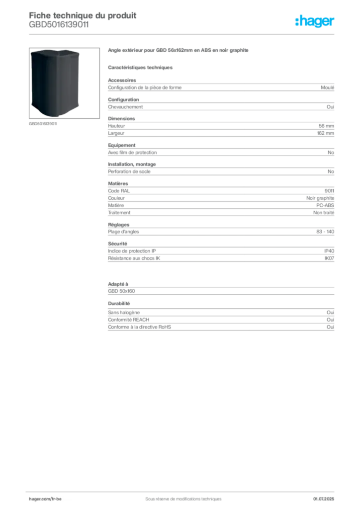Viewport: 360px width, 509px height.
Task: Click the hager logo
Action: pyautogui.click(x=315, y=21)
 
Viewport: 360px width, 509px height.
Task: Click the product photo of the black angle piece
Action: pyautogui.click(x=64, y=83)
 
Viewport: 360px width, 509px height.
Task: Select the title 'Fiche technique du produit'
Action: pyautogui.click(x=83, y=15)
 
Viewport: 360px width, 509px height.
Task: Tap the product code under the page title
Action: pyautogui.click(x=59, y=25)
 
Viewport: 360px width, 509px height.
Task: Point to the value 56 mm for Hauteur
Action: pyautogui.click(x=326, y=126)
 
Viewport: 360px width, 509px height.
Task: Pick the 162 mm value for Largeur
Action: pyautogui.click(x=325, y=133)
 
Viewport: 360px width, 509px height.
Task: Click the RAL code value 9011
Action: pyautogui.click(x=329, y=191)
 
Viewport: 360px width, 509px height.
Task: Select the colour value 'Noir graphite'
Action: pyautogui.click(x=320, y=198)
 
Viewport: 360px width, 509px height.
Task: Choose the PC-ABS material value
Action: pyautogui.click(x=325, y=205)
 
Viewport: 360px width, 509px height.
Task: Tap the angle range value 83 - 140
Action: pyautogui.click(x=325, y=232)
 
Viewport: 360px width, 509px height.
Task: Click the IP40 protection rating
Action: pyautogui.click(x=329, y=251)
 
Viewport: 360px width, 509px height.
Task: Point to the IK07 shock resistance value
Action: pyautogui.click(x=329, y=258)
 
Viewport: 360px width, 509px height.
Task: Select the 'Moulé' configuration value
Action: pyautogui.click(x=327, y=87)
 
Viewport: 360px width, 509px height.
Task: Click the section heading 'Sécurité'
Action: pyautogui.click(x=117, y=244)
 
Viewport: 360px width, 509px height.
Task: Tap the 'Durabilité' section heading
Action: pyautogui.click(x=119, y=304)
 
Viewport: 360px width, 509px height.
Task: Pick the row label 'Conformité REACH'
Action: pyautogui.click(x=129, y=320)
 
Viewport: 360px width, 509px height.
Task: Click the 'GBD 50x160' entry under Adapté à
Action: pyautogui.click(x=121, y=291)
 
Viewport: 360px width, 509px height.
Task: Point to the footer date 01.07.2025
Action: pyautogui.click(x=324, y=499)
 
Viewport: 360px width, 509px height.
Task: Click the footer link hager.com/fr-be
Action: pyautogui.click(x=45, y=499)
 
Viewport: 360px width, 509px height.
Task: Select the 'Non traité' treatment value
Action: pyautogui.click(x=324, y=213)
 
